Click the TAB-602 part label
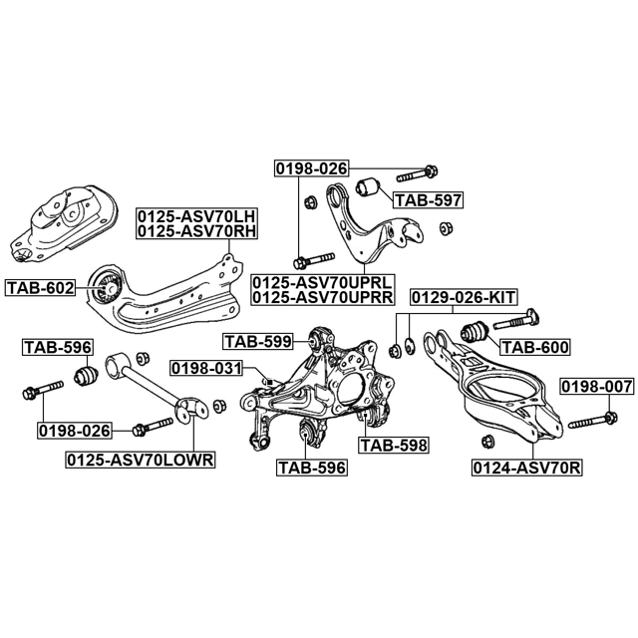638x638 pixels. pos(40,288)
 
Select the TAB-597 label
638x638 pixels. pos(429,200)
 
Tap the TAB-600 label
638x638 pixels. pos(535,348)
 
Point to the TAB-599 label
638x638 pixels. pos(258,341)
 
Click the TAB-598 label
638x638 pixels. pos(394,446)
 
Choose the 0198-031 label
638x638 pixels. pos(206,369)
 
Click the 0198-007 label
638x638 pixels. pos(597,387)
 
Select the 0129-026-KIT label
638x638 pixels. pos(464,298)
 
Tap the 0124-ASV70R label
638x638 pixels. pos(527,469)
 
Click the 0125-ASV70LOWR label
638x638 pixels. pos(140,460)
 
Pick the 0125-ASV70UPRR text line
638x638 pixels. pos(323,297)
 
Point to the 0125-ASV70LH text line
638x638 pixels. pos(197,215)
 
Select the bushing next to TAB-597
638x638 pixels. pos(368,186)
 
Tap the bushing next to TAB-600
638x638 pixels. pos(474,332)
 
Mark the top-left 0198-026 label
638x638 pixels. pos(312,168)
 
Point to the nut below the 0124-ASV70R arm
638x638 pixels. pos(487,442)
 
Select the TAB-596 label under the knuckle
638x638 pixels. pos(312,468)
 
